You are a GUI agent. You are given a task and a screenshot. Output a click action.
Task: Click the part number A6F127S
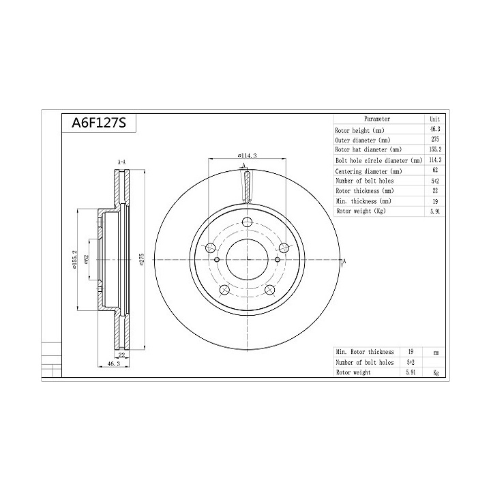[x=99, y=123]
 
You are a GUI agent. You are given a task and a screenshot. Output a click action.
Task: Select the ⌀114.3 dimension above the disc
[x=248, y=155]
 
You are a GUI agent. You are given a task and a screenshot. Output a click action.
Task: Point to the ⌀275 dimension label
[x=142, y=260]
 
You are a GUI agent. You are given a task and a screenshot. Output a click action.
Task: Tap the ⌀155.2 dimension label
[x=74, y=260]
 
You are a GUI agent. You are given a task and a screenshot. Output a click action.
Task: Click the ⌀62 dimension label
[x=87, y=260]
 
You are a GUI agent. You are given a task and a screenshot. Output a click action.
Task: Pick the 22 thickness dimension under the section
[x=122, y=355]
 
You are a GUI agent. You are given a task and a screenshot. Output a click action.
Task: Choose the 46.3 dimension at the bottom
[x=114, y=363]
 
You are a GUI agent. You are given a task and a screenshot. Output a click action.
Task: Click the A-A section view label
[x=121, y=162]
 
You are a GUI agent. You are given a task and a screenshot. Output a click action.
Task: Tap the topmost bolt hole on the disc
[x=248, y=222]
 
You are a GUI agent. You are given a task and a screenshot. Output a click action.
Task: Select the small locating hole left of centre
[x=217, y=259]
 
